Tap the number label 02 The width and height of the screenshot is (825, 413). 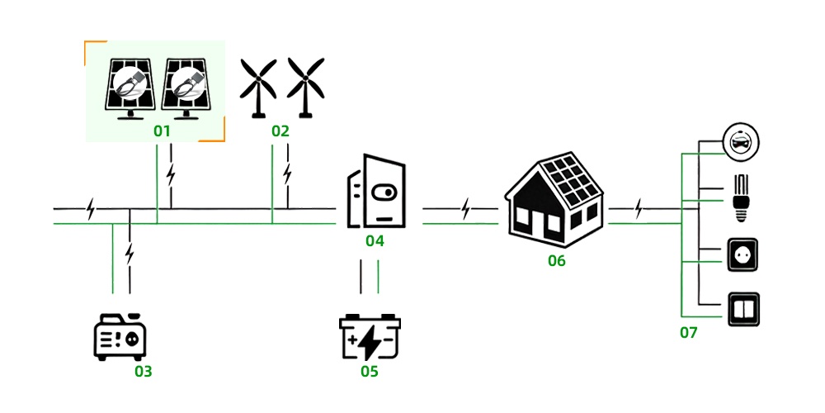pos(280,131)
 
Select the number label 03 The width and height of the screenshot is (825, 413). pos(144,371)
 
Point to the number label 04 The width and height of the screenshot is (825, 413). pos(375,241)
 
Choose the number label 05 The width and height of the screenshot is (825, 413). pos(369,371)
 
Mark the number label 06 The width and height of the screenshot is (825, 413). pos(557,261)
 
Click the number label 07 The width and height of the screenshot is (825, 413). pos(688,333)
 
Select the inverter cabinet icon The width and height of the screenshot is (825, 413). pos(377,192)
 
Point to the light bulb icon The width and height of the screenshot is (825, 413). pos(740,197)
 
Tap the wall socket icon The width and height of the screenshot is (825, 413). pos(740,256)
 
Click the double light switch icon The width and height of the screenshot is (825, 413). pos(741,310)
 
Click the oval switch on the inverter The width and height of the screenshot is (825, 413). pos(384,192)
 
